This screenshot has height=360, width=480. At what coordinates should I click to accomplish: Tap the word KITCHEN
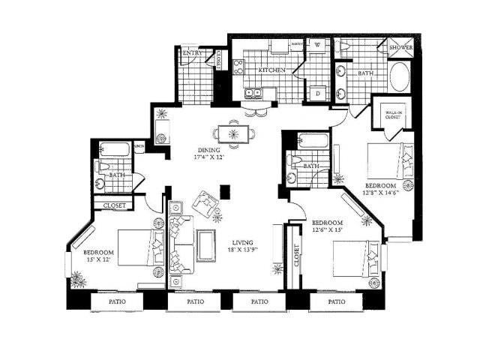271,70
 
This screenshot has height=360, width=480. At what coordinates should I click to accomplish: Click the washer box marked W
317,46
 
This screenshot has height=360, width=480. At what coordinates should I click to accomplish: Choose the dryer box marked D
317,94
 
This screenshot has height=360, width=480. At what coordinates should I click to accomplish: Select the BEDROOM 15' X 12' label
99,256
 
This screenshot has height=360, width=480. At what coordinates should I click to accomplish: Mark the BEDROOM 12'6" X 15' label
328,227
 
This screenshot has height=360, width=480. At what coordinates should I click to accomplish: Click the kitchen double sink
252,94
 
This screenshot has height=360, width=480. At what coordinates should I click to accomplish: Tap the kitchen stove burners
239,67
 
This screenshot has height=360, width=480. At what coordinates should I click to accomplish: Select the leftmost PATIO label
115,301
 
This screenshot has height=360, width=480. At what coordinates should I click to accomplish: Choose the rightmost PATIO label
337,301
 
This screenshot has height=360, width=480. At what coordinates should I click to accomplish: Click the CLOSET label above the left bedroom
114,204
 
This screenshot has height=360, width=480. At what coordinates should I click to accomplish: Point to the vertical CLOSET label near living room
296,259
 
